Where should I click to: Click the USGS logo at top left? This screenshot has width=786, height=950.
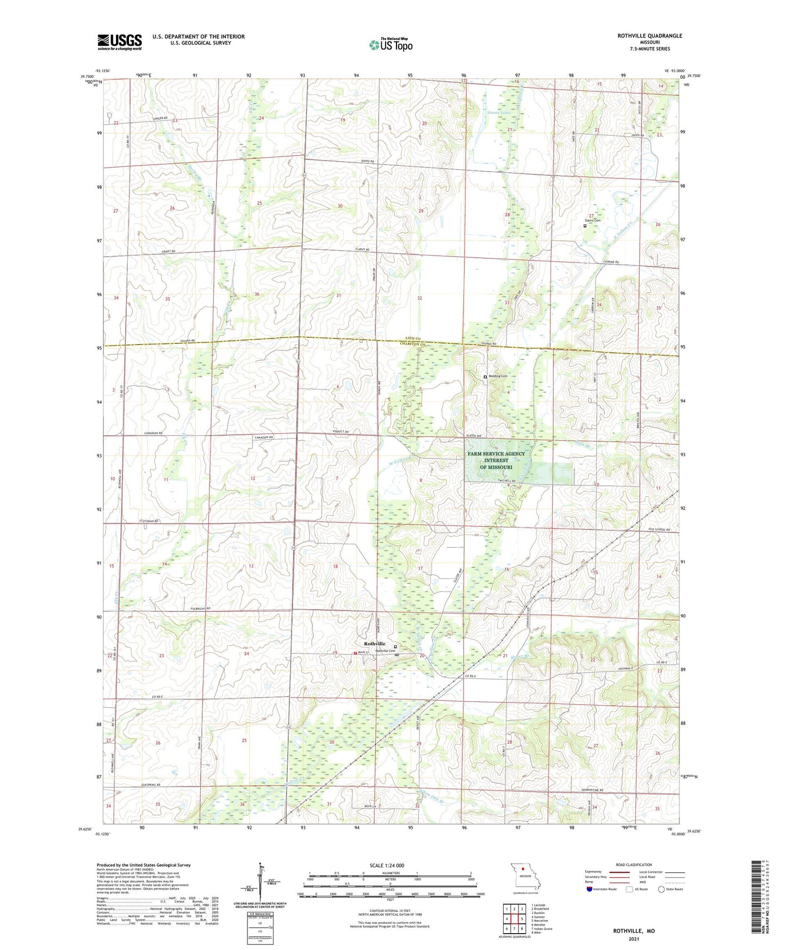tap(120, 42)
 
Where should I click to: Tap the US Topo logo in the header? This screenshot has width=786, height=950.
tap(391, 45)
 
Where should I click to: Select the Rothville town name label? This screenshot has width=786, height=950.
tap(375, 644)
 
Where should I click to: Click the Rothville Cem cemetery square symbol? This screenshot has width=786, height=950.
tap(395, 647)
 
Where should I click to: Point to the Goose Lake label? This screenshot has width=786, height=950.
tap(498, 113)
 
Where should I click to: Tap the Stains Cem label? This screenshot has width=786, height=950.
tap(593, 220)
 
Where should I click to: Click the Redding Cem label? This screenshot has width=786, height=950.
tap(497, 376)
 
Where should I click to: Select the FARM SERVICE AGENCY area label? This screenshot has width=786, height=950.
tap(496, 454)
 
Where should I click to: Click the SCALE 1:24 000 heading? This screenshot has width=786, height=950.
tap(387, 866)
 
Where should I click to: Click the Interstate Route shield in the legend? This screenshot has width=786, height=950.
tap(590, 889)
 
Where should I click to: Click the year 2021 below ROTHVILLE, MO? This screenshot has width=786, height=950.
tap(634, 939)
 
